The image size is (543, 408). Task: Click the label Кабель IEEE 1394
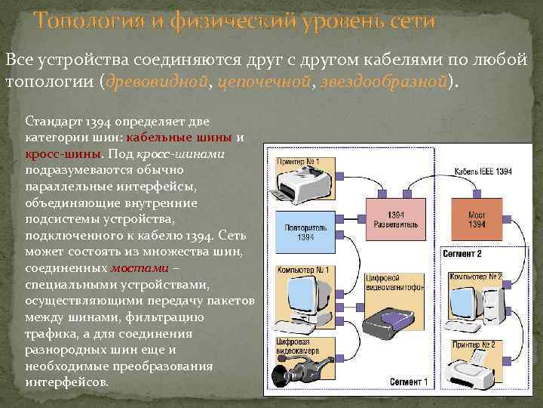coord(483,172)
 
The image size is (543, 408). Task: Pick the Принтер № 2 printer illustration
coord(469,370)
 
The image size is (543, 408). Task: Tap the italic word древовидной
coord(155,82)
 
